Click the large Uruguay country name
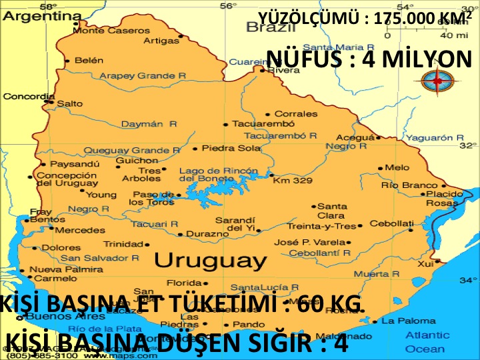coord(211,259)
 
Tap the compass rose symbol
coord(437,80)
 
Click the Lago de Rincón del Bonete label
coord(218,175)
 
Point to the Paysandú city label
coord(75,163)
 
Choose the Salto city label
coord(69,103)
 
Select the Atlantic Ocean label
coord(427,342)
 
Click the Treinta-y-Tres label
coord(321,226)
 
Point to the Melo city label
coord(397,167)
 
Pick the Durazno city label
coord(207,234)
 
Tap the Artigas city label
coord(162,41)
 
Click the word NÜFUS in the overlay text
coord(300,59)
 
